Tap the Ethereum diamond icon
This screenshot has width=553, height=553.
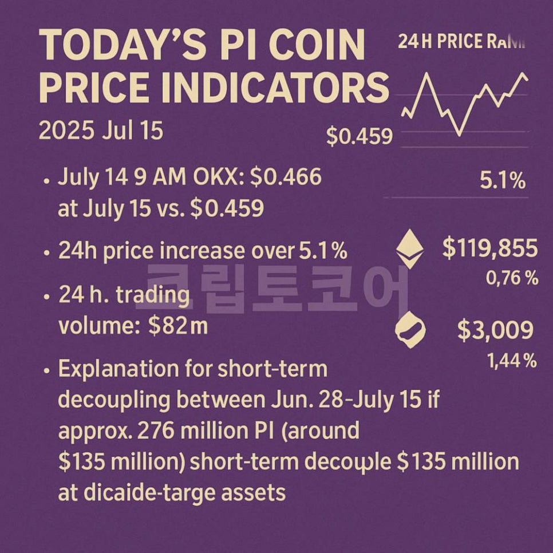pyautogui.click(x=410, y=249)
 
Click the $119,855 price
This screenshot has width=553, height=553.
pyautogui.click(x=490, y=249)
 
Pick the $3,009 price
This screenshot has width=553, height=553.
pyautogui.click(x=495, y=330)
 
